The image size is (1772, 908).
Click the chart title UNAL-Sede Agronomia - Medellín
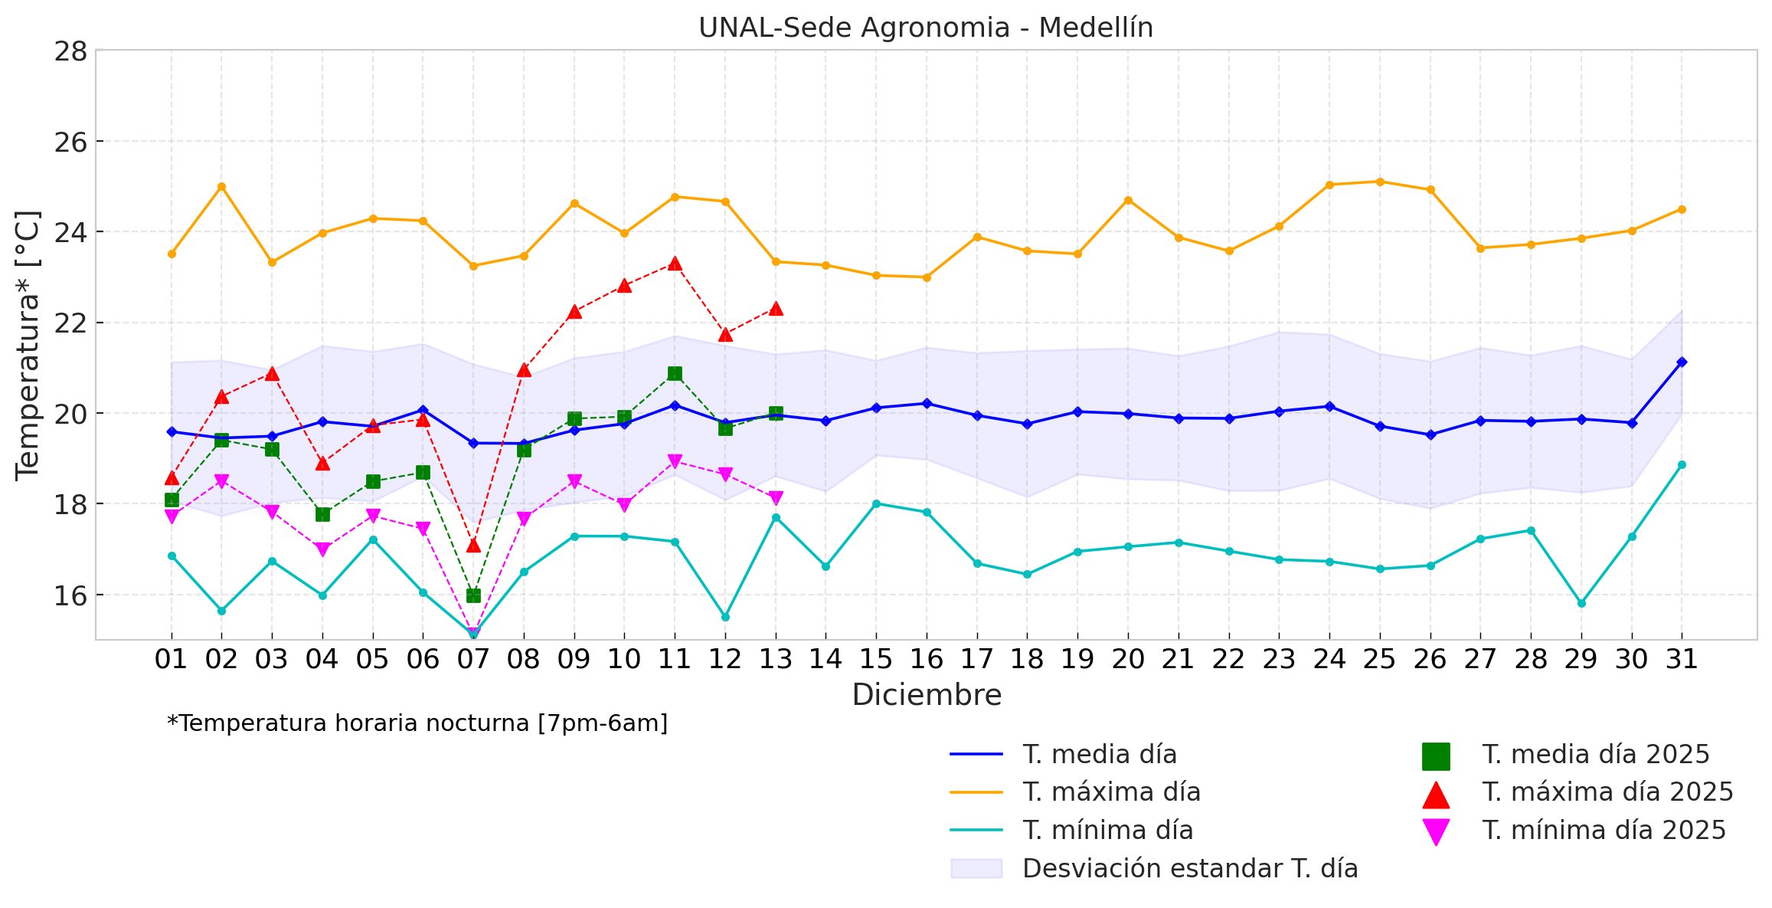[x=925, y=28]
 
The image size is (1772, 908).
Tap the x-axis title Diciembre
[x=927, y=695]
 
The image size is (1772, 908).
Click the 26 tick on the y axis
[x=70, y=142]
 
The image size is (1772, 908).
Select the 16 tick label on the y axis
[x=70, y=595]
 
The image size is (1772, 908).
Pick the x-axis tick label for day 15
[x=876, y=659]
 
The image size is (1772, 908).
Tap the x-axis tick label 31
[x=1682, y=659]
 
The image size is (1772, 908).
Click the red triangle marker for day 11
[x=675, y=264]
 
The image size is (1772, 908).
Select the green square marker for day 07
[x=473, y=595]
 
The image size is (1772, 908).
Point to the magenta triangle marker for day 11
[x=675, y=461]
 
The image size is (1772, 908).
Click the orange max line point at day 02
[x=221, y=186]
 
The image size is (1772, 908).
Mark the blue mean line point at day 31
[x=1682, y=362]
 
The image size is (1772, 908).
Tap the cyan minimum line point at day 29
[x=1581, y=603]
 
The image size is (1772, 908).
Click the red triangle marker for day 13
[x=776, y=309]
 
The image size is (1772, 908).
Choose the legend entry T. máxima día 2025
[x=1607, y=792]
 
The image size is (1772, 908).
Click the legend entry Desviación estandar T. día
[x=1189, y=868]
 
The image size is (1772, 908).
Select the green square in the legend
[x=1436, y=756]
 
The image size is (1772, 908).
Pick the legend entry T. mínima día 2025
[x=1604, y=831]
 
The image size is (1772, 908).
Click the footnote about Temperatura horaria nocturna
[x=417, y=723]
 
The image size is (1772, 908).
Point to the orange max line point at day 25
[x=1380, y=182]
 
